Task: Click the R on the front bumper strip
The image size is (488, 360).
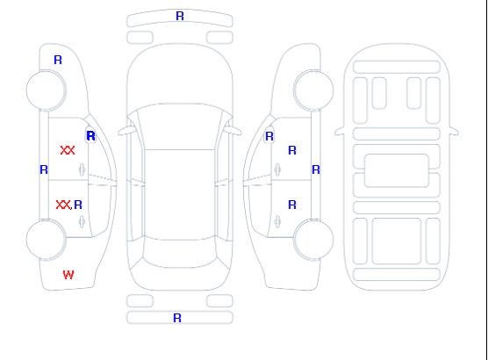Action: [x=180, y=16]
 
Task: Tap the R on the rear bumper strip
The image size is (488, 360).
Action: [x=177, y=318]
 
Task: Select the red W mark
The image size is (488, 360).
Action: [x=68, y=275]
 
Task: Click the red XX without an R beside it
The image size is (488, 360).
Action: [x=68, y=150]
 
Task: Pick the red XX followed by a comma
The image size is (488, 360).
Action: [x=63, y=205]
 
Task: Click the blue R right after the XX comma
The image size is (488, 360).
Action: [x=78, y=205]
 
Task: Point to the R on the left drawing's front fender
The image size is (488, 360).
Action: [x=58, y=60]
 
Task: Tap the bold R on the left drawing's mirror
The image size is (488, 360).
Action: [x=91, y=136]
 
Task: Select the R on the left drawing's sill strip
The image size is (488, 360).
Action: [x=44, y=169]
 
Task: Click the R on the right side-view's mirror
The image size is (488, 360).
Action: [x=269, y=136]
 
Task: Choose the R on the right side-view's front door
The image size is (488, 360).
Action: [x=292, y=150]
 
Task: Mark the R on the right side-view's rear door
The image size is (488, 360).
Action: [x=292, y=205]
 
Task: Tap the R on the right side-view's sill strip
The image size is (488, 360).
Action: [x=316, y=169]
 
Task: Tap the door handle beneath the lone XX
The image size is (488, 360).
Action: [x=82, y=169]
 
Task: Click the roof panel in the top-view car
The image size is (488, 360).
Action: [x=180, y=195]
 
